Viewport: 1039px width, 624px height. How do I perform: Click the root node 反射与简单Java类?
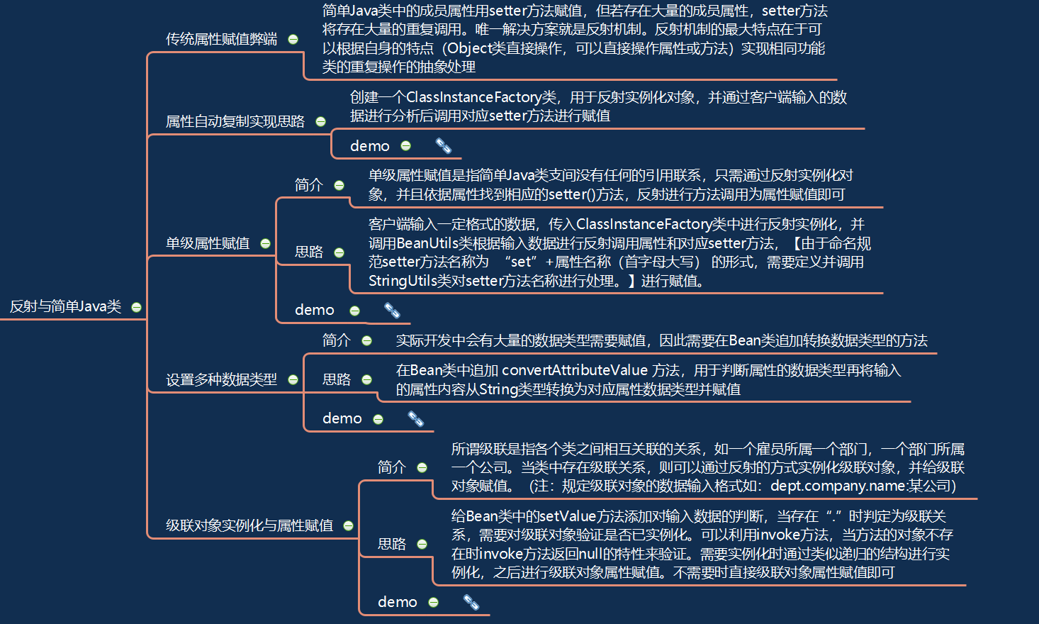[65, 307]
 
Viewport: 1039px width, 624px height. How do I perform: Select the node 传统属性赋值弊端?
[221, 39]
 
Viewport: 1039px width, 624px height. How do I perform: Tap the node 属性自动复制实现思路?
[235, 121]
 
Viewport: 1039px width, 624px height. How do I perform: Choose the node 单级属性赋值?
[207, 243]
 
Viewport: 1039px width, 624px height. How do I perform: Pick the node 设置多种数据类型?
[221, 379]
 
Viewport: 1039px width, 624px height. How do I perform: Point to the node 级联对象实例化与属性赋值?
[249, 525]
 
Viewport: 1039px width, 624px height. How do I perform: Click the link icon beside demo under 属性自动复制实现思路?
[444, 146]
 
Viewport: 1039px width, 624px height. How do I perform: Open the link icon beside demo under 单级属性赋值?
[392, 310]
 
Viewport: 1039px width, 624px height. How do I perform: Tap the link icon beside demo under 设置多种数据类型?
[416, 419]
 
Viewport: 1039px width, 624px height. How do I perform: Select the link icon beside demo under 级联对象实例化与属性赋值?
[471, 602]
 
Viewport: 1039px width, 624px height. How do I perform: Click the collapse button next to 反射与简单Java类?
[137, 307]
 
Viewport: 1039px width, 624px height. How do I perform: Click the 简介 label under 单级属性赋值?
[308, 185]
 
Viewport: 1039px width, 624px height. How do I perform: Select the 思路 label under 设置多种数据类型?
[336, 379]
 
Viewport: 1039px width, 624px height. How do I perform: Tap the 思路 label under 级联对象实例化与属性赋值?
[391, 544]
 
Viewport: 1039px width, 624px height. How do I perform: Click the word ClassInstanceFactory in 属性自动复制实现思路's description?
[474, 97]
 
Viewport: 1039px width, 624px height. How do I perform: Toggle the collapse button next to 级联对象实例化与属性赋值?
[348, 525]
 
